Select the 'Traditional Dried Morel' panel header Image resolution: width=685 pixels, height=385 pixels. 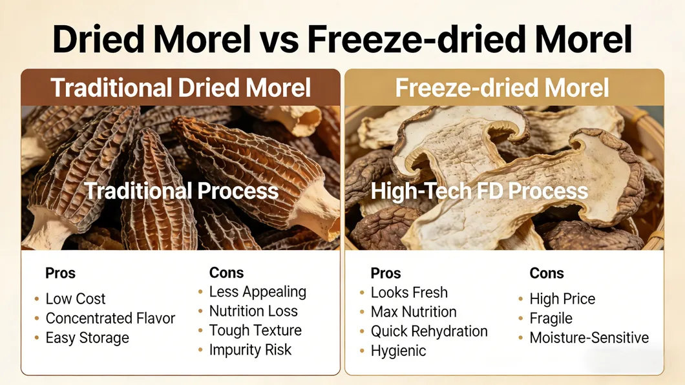[180, 87]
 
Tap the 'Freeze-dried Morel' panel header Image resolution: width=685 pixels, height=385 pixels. [502, 87]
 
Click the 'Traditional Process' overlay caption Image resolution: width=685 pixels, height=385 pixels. [182, 191]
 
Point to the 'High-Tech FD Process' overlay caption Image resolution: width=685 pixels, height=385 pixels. [479, 191]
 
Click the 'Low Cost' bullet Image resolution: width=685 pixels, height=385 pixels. [75, 299]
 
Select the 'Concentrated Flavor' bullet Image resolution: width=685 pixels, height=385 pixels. [110, 318]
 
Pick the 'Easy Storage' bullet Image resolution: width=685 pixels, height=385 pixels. [87, 338]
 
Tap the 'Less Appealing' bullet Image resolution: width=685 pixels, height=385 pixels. [257, 292]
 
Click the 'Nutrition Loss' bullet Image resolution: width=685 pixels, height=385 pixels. [253, 311]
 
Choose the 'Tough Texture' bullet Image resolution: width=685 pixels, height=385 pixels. [255, 331]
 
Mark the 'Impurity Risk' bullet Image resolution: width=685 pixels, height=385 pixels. [250, 350]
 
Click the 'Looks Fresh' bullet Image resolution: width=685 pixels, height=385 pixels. [409, 293]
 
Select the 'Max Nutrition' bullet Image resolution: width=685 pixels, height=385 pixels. [414, 312]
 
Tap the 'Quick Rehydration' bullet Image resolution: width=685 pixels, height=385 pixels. [429, 331]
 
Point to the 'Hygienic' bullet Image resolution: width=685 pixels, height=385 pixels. [398, 351]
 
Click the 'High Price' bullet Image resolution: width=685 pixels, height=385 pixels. [562, 299]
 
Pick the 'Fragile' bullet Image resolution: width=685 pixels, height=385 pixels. [551, 318]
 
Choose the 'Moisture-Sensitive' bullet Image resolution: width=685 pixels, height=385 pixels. [589, 338]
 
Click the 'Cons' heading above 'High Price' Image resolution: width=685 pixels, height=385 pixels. [547, 273]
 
